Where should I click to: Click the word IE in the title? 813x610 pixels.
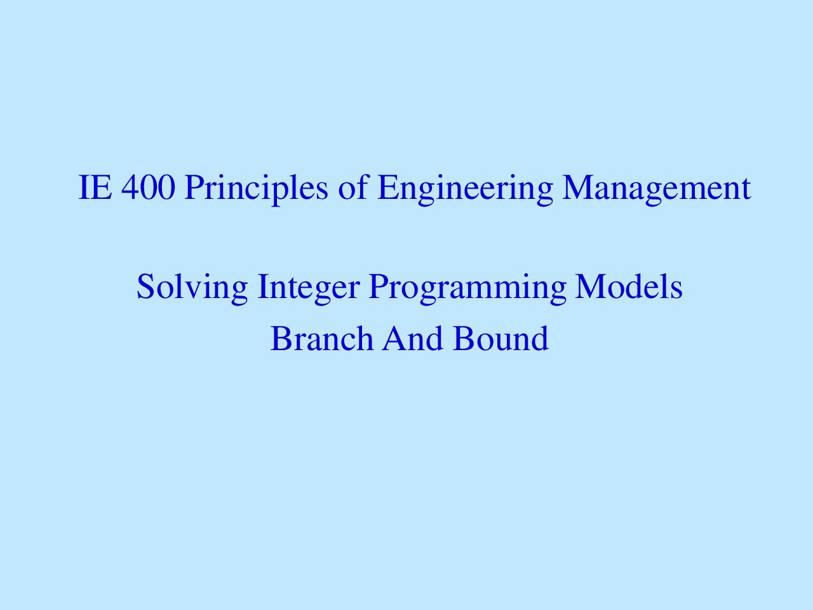(x=95, y=188)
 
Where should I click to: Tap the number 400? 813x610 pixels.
(x=148, y=188)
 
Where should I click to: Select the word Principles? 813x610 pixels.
(x=256, y=190)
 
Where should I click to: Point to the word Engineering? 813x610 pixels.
(x=465, y=190)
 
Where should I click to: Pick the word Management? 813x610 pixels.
(x=656, y=190)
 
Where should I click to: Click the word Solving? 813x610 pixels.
(x=192, y=288)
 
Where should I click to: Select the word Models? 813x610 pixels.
(x=629, y=287)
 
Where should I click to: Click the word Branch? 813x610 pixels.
(x=322, y=338)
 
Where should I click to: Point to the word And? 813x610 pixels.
(x=413, y=338)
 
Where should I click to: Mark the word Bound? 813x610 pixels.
(x=501, y=338)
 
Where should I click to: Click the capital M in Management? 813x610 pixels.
(x=579, y=188)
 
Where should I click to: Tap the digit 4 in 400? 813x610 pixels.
(x=130, y=188)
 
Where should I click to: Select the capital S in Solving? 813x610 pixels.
(x=145, y=287)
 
